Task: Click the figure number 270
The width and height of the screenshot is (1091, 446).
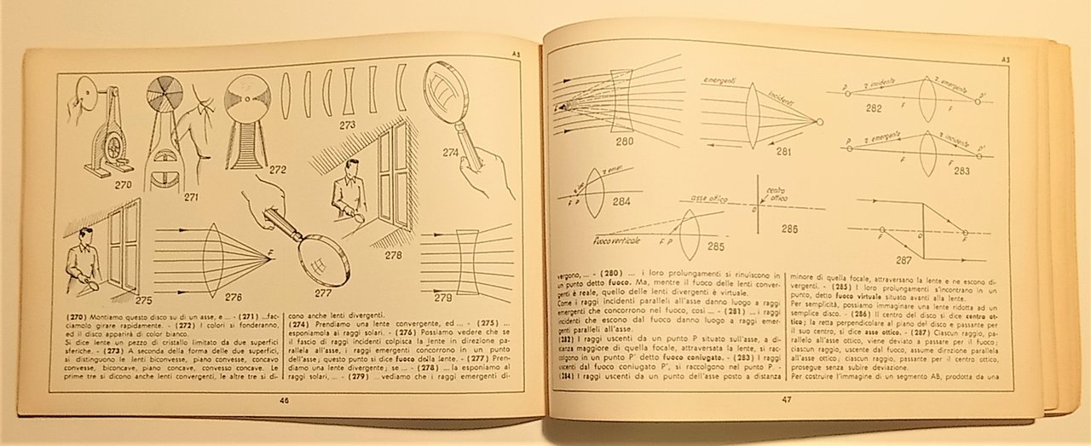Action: [x=123, y=182]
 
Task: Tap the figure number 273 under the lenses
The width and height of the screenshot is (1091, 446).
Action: [x=348, y=125]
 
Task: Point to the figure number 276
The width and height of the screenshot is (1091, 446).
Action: [x=234, y=298]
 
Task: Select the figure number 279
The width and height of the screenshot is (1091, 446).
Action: [x=442, y=298]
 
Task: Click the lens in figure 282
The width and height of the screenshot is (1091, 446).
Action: [x=927, y=99]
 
